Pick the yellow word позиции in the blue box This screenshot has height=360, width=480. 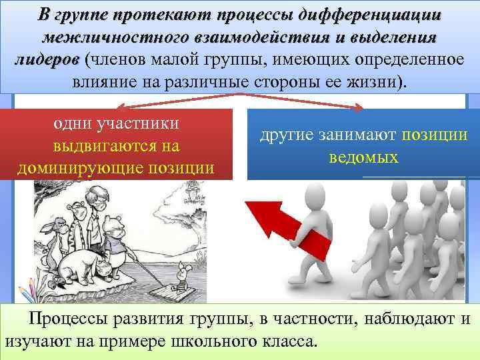point(435,135)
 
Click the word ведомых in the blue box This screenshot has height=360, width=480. point(363,157)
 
